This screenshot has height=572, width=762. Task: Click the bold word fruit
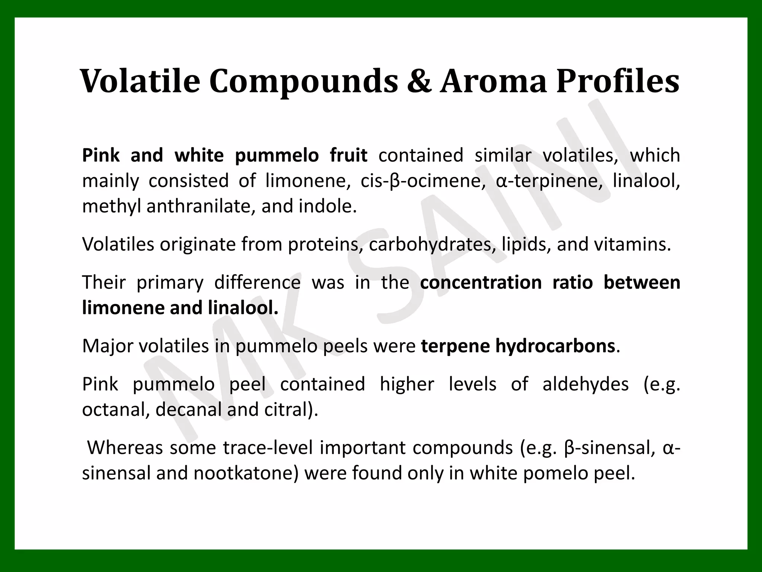(x=349, y=155)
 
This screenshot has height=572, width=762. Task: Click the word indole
(x=327, y=206)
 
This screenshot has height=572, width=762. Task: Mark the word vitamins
(x=633, y=245)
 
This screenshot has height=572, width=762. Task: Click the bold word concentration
(x=481, y=283)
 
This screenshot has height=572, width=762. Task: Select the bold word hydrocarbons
(x=555, y=346)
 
